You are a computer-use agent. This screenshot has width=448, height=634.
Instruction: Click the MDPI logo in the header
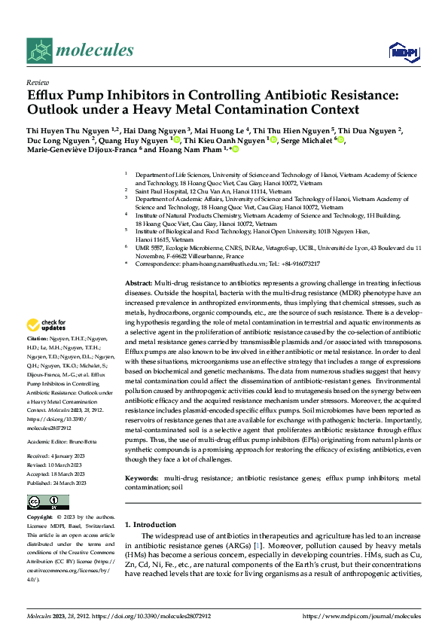[401, 50]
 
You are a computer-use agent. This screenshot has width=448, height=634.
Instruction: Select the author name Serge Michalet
[309, 139]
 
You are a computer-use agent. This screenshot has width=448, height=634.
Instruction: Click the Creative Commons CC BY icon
[44, 501]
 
